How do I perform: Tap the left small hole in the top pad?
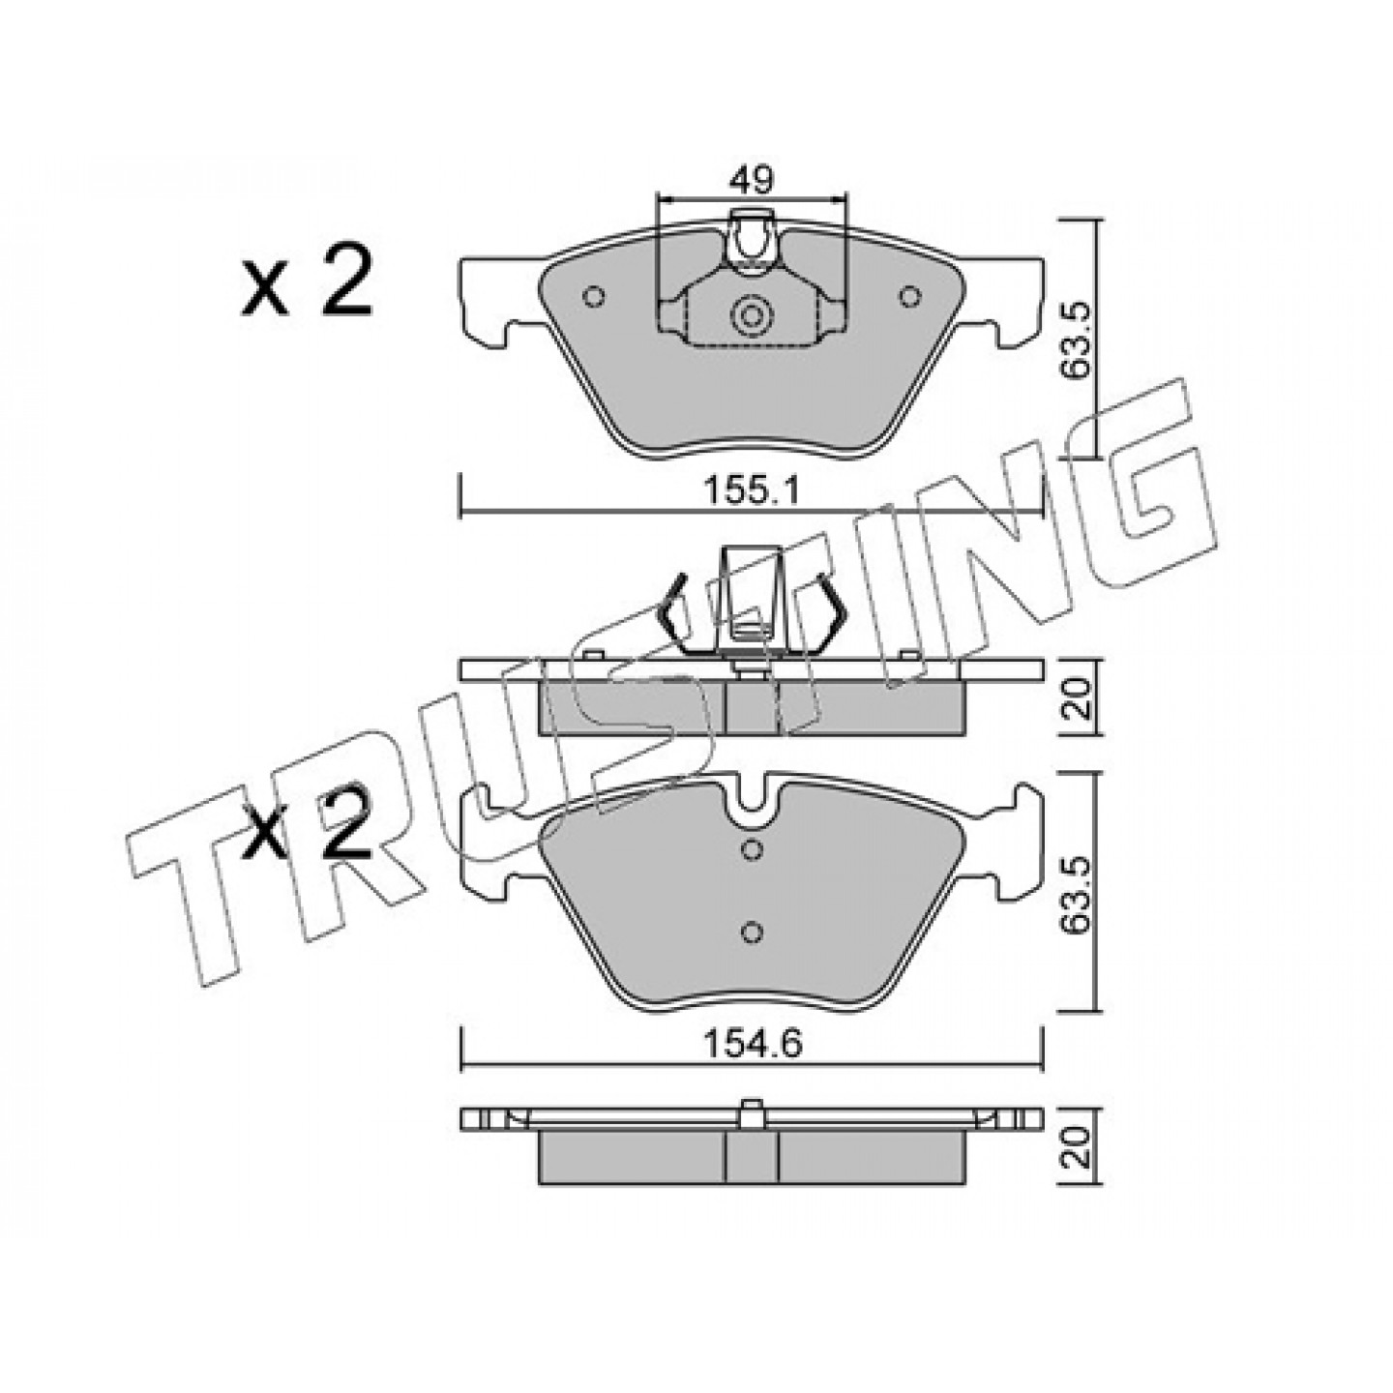click(x=594, y=297)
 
